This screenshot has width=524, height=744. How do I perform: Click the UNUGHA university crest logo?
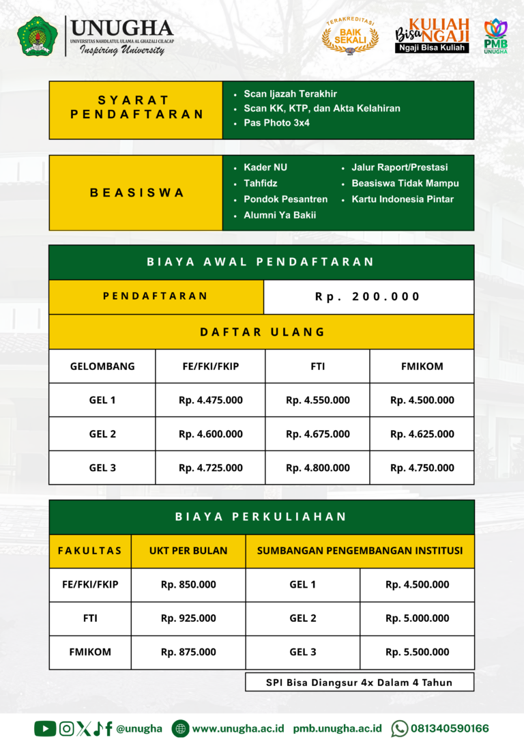pos(38,35)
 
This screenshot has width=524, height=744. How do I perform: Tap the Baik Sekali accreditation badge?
pos(350,36)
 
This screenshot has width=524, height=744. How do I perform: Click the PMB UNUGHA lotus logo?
pos(496,35)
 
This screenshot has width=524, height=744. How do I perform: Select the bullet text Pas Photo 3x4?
pos(276,124)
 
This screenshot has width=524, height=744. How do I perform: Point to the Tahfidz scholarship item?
pos(260,183)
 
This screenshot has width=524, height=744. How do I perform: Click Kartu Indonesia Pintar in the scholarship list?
pos(402,199)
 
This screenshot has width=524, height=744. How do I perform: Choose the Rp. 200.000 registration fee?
pos(368,297)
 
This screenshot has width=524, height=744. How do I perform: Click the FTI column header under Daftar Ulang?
pos(317,366)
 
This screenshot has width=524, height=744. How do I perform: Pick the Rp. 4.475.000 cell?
pos(210,400)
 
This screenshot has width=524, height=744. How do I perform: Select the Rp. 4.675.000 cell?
pos(317,434)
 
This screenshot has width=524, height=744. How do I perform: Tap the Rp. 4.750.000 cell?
pos(422,468)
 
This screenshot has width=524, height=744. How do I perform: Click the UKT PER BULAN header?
pos(188,550)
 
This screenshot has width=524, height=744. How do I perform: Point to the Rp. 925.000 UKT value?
pos(188,618)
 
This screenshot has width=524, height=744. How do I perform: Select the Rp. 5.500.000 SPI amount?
pos(417,652)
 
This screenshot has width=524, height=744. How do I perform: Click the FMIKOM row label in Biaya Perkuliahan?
pos(90,652)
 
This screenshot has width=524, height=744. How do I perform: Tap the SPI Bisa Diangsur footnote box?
pos(359,682)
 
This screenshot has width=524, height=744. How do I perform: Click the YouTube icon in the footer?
pos(45,728)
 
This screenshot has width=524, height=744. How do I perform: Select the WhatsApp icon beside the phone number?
pos(399,728)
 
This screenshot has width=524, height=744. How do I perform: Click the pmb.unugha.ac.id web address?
pos(337,728)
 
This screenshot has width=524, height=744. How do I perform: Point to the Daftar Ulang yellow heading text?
pos(262,332)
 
